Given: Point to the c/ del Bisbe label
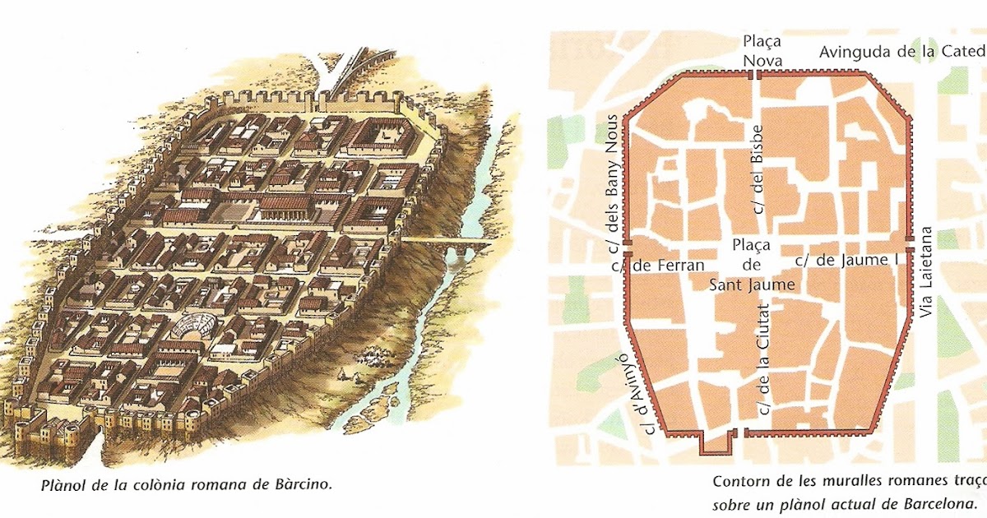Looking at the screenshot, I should pos(758,169).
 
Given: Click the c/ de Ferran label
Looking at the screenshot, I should pos(658,265).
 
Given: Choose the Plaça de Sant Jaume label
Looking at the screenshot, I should pos(752,265).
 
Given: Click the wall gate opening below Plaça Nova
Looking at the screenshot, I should pos(755,75).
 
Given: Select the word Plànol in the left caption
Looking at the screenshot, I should pos(62,484).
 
